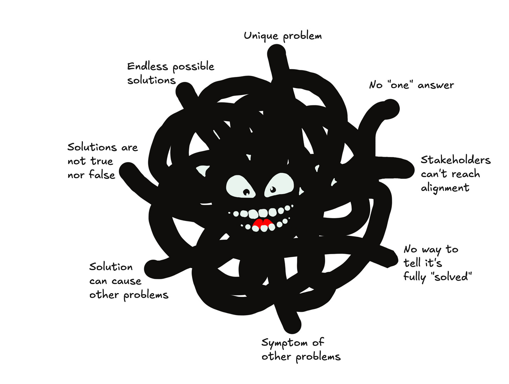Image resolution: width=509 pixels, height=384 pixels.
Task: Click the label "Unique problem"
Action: click(282, 36)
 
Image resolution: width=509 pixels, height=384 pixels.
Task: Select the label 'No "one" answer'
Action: click(411, 85)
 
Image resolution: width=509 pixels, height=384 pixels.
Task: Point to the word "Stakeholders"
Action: click(456, 160)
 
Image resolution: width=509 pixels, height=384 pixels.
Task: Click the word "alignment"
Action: click(445, 188)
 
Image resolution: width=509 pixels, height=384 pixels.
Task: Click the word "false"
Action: click(102, 174)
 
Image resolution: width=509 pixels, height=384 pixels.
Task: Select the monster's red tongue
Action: click(263, 224)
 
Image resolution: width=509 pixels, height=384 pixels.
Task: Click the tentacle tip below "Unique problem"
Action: click(276, 54)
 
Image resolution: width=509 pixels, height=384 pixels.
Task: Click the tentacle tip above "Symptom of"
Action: click(292, 325)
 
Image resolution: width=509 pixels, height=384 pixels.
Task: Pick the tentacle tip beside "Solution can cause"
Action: click(153, 268)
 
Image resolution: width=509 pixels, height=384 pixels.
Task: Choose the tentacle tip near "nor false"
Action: click(128, 171)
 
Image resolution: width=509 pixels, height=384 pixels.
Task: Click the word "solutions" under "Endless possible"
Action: click(151, 80)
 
